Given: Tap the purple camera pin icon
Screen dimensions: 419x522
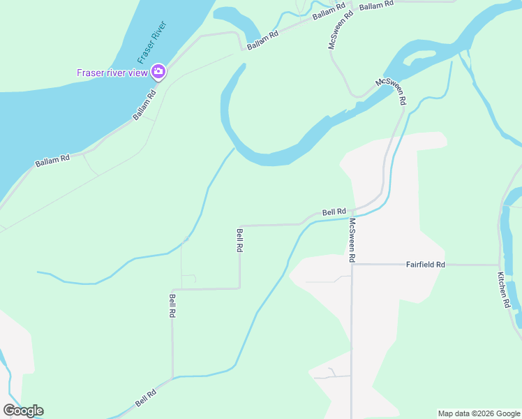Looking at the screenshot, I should tap(158, 72).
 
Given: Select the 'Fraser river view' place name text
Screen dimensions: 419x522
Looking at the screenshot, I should tap(112, 73).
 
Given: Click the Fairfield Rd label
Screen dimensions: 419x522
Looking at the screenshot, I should tap(426, 265).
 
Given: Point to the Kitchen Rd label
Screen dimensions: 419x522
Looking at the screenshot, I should tap(504, 290).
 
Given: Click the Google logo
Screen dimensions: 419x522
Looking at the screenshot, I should tap(23, 411).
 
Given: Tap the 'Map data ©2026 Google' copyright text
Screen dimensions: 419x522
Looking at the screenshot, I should tap(478, 413).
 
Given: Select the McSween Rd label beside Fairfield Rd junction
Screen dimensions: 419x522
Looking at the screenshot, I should tap(353, 241).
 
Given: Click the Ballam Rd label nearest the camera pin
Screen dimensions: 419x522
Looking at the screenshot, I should tap(144, 105).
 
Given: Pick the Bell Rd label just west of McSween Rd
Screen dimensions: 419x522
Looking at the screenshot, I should tap(334, 212).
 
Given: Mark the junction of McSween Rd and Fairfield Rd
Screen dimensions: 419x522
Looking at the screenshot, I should tap(352, 265).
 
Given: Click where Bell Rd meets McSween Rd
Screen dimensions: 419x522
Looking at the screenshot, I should tap(352, 210).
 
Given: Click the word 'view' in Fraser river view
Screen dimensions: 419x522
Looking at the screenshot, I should tap(139, 73).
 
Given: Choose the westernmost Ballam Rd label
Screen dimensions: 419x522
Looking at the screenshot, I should tap(53, 159).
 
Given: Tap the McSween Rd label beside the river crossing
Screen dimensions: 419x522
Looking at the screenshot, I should tap(391, 91).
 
